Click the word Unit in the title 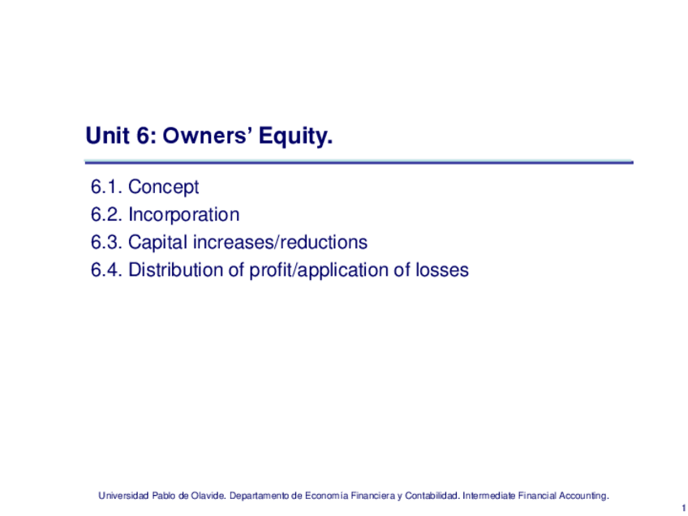[107, 135]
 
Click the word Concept [163, 187]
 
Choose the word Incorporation [184, 215]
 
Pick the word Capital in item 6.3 [158, 243]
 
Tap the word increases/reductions [280, 243]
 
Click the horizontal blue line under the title [359, 162]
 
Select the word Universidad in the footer [123, 496]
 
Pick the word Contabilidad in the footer [432, 496]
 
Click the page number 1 [684, 508]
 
